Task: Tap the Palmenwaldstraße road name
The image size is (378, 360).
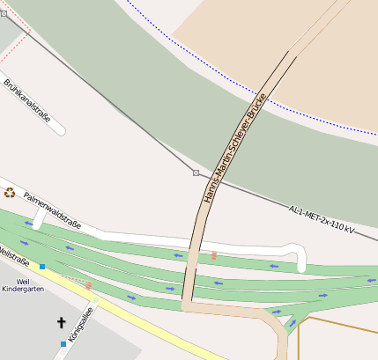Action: pos(53,211)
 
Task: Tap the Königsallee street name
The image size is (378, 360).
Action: pos(81,322)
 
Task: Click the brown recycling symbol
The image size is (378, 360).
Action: pos(10,193)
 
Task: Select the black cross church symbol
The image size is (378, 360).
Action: pos(62,323)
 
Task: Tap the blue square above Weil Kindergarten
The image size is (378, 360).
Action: pos(41,266)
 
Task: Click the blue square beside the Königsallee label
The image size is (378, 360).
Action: pos(63,343)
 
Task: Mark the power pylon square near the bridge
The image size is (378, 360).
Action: pos(196,173)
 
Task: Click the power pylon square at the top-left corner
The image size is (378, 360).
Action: pos(4,13)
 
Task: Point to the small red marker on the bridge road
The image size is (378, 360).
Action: pos(214,255)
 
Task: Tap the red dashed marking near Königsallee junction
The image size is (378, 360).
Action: pos(88,285)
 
